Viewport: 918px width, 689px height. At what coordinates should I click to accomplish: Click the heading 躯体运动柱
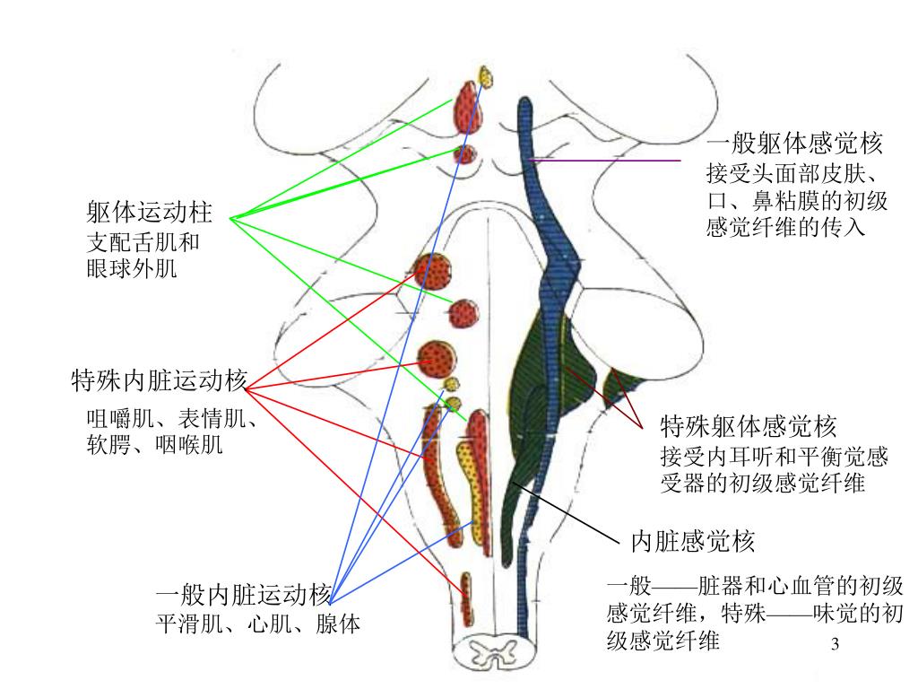point(150,214)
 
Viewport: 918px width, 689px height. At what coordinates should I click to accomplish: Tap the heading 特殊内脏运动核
point(159,381)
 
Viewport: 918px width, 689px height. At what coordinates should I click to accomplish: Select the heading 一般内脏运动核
point(243,595)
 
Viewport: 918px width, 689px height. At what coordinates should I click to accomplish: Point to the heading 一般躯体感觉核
point(794,144)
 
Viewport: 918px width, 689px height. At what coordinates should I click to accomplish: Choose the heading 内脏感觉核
point(693,541)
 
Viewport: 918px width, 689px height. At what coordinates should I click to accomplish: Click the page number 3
point(835,645)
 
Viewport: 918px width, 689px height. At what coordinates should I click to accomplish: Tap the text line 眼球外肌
point(131,268)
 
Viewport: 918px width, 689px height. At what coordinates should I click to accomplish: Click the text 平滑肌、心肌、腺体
point(258,624)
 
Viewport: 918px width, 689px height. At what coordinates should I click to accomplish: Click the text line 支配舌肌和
point(143,242)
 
